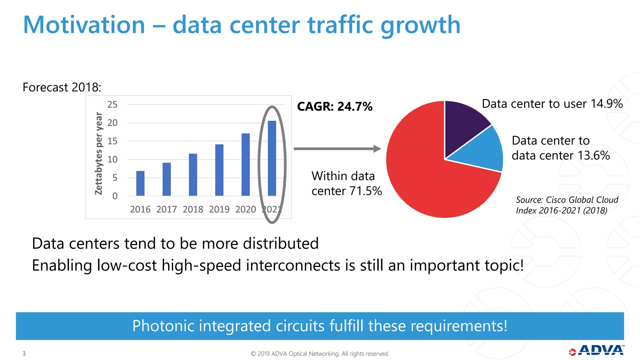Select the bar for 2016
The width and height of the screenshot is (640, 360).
coord(140,183)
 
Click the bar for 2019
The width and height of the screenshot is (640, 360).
coord(219,170)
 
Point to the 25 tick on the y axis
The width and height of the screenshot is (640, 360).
coord(112,104)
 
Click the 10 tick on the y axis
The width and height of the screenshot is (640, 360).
coord(112,159)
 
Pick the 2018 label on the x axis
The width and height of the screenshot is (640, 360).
coord(193,209)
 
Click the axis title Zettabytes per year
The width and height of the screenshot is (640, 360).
coord(99,153)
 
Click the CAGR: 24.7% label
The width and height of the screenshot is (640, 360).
coord(335,107)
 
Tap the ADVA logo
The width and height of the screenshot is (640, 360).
coord(597,350)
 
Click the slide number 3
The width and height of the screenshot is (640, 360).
coord(24,353)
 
